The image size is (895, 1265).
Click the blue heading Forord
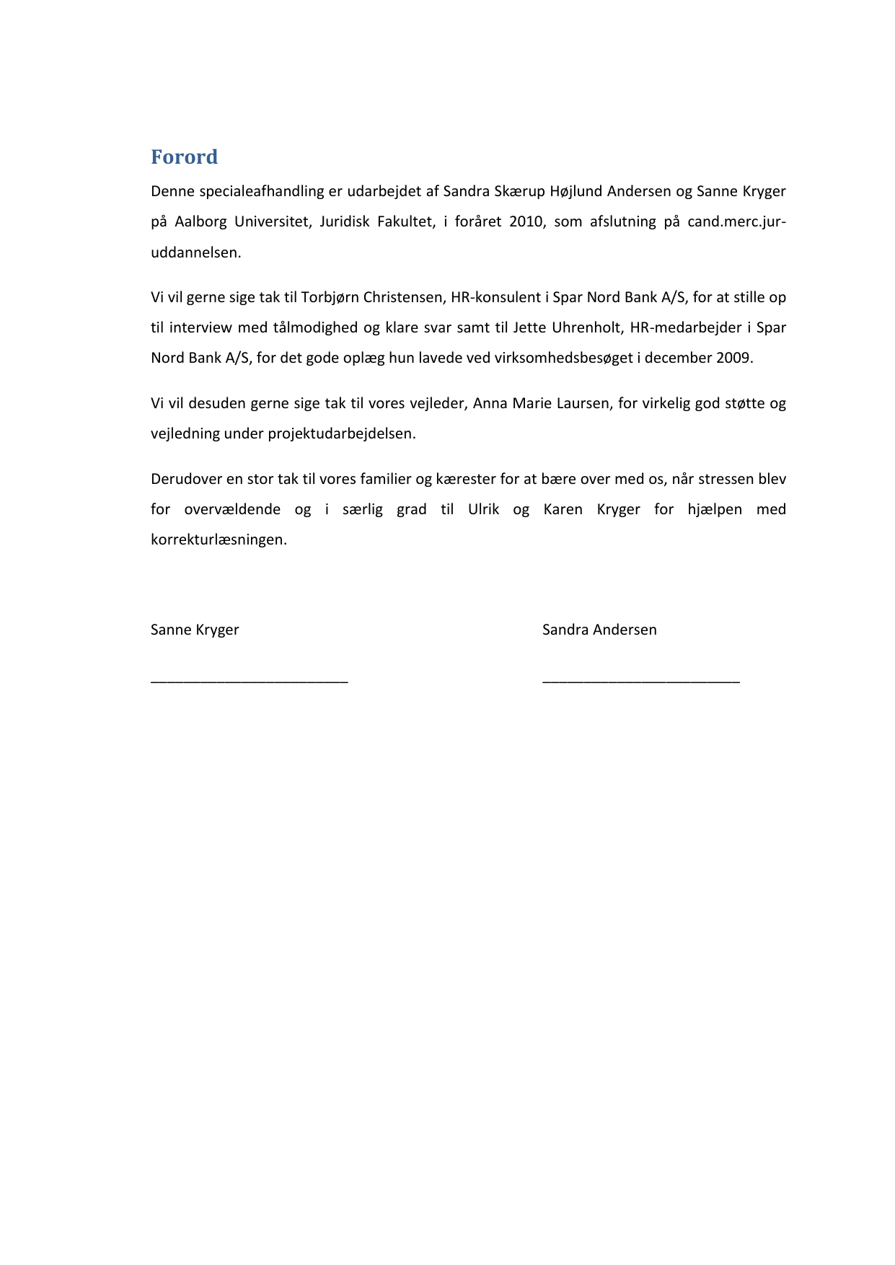[184, 157]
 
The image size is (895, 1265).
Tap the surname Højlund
[576, 192]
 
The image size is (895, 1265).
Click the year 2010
[526, 222]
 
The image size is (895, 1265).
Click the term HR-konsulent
[495, 298]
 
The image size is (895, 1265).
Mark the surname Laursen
[583, 404]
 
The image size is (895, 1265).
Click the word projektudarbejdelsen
[342, 434]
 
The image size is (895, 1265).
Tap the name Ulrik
[483, 510]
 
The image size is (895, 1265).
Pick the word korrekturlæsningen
[219, 540]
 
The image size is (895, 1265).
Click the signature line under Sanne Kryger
[249, 680]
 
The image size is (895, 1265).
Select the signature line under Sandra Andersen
[640, 680]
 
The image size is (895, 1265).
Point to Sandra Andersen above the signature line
[599, 630]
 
